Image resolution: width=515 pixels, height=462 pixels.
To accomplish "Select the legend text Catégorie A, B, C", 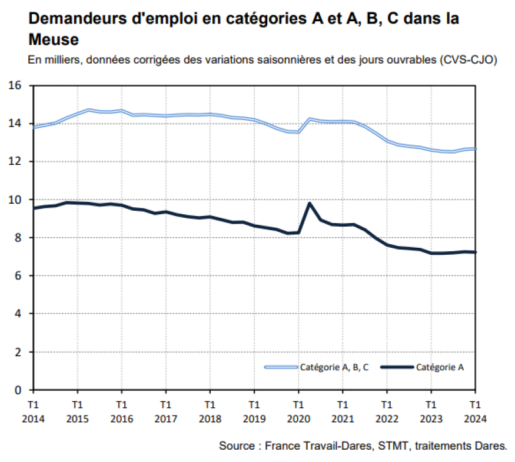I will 334,367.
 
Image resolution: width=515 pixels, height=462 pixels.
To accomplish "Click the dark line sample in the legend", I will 397,367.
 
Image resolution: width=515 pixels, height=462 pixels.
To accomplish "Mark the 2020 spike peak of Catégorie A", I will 310,204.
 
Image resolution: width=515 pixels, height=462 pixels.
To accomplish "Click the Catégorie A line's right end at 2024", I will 475,252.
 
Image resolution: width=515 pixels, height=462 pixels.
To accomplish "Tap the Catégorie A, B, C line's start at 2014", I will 34,127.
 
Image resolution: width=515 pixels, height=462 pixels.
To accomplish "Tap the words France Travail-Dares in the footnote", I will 318,446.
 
